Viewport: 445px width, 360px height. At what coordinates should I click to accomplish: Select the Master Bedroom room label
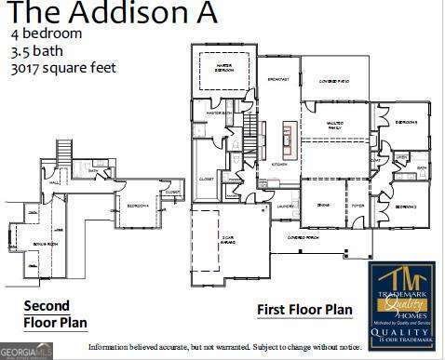point(223,68)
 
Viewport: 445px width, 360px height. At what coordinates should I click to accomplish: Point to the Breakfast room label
point(278,80)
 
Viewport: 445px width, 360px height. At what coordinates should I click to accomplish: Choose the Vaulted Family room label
point(335,126)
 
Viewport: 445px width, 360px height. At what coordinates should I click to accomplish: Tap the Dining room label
point(323,205)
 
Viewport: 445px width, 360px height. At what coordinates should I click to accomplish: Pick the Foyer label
point(357,205)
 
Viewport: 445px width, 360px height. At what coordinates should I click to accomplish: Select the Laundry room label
point(286,206)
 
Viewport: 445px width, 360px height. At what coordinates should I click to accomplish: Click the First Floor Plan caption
point(304,309)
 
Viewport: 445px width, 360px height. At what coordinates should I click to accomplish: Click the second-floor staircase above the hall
point(64,152)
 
